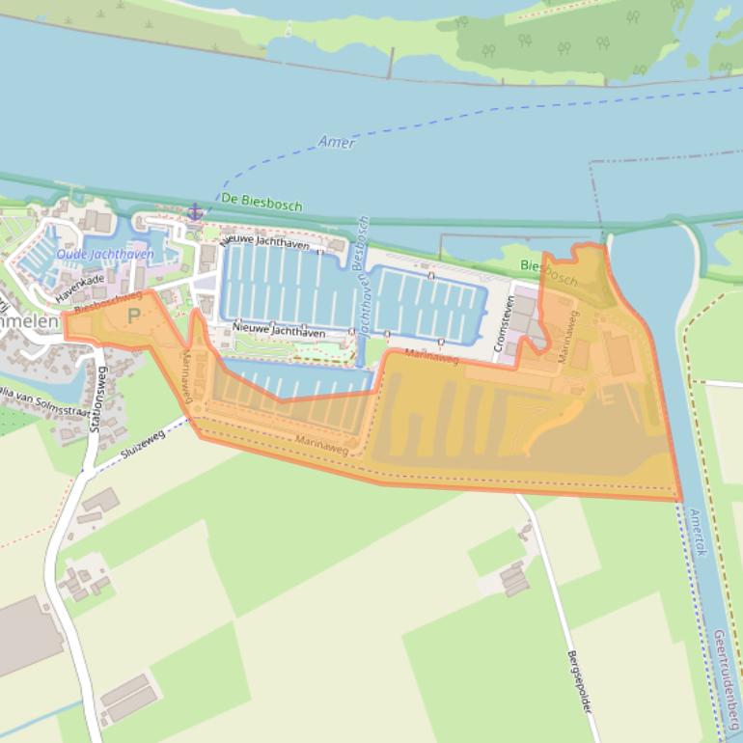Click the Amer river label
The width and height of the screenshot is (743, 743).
click(x=337, y=142)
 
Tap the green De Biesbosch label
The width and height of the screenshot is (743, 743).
click(x=261, y=203)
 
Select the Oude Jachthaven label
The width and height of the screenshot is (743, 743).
click(x=105, y=254)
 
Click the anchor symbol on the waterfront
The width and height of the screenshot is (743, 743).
click(x=195, y=210)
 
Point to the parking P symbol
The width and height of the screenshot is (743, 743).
click(x=133, y=316)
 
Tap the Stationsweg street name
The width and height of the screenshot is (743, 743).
click(x=97, y=395)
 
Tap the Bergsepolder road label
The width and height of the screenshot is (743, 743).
click(x=579, y=680)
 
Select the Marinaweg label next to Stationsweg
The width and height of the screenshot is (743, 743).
click(x=188, y=377)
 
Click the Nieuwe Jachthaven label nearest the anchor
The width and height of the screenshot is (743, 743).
click(x=265, y=241)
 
